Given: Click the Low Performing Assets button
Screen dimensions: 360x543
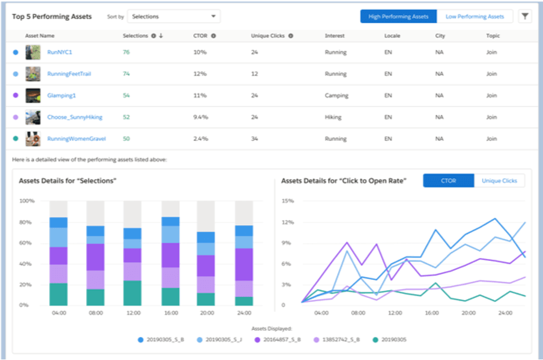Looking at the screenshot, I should (475, 16).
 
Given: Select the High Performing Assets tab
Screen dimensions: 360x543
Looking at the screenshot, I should (398, 16).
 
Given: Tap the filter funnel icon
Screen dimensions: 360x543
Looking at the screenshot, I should (524, 16).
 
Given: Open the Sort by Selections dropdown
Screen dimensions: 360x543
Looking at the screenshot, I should (173, 16).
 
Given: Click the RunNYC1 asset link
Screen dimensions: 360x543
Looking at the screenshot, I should (60, 52).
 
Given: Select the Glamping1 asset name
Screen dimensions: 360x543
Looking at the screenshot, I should (61, 95).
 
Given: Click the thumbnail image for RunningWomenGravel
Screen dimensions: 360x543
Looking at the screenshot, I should (32, 139).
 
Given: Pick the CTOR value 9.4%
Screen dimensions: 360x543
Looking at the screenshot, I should (200, 117).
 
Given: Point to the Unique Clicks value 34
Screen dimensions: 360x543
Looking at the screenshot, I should (254, 139).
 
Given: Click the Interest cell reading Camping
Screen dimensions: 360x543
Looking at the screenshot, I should (336, 95).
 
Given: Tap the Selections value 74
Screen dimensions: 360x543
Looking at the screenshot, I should (126, 74).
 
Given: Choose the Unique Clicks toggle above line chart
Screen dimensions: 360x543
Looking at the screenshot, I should (499, 181).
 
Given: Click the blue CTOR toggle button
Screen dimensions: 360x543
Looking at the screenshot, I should (448, 181).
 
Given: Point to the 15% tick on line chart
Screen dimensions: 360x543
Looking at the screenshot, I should (287, 201).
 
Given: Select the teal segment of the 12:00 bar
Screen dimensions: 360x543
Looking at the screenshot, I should (133, 293).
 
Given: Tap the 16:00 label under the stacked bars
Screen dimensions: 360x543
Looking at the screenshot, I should (170, 313).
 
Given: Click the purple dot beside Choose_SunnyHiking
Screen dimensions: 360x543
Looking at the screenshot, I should (15, 117).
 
